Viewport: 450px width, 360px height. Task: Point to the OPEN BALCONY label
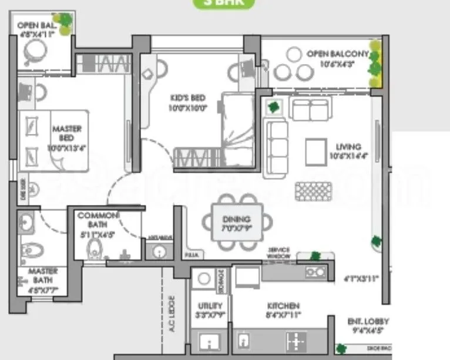click(x=337, y=58)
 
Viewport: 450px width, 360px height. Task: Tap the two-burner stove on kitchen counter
click(x=316, y=271)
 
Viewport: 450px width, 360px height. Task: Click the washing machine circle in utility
click(x=204, y=278)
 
